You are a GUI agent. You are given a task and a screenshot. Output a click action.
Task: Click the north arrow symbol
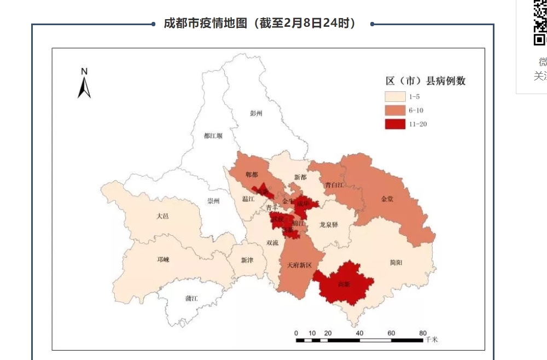tap(84, 84)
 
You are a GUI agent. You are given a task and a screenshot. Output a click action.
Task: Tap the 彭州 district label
tap(256, 113)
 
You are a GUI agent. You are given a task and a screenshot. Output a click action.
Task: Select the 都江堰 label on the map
tap(213, 136)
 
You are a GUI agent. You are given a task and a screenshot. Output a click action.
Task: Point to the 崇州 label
tap(213, 201)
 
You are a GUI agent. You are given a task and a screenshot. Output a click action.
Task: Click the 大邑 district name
tap(162, 216)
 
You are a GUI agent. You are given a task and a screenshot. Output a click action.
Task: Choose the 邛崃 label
tap(163, 260)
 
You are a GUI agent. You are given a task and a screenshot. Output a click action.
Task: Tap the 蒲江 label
tap(191, 298)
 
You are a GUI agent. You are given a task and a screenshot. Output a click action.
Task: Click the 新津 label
tap(247, 260)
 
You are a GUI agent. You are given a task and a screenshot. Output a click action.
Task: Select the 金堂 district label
tap(387, 199)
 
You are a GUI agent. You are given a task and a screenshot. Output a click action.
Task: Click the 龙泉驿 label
tap(329, 225)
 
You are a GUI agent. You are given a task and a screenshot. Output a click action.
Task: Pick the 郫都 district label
tap(252, 175)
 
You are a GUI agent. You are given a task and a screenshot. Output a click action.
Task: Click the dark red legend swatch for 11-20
tap(395, 124)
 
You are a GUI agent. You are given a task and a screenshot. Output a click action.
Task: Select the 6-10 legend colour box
tap(395, 110)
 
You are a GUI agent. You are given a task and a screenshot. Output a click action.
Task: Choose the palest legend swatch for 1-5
tap(395, 96)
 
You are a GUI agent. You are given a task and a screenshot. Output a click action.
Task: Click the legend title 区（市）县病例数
tap(426, 81)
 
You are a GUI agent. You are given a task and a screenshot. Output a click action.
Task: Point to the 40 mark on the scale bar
tap(359, 333)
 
